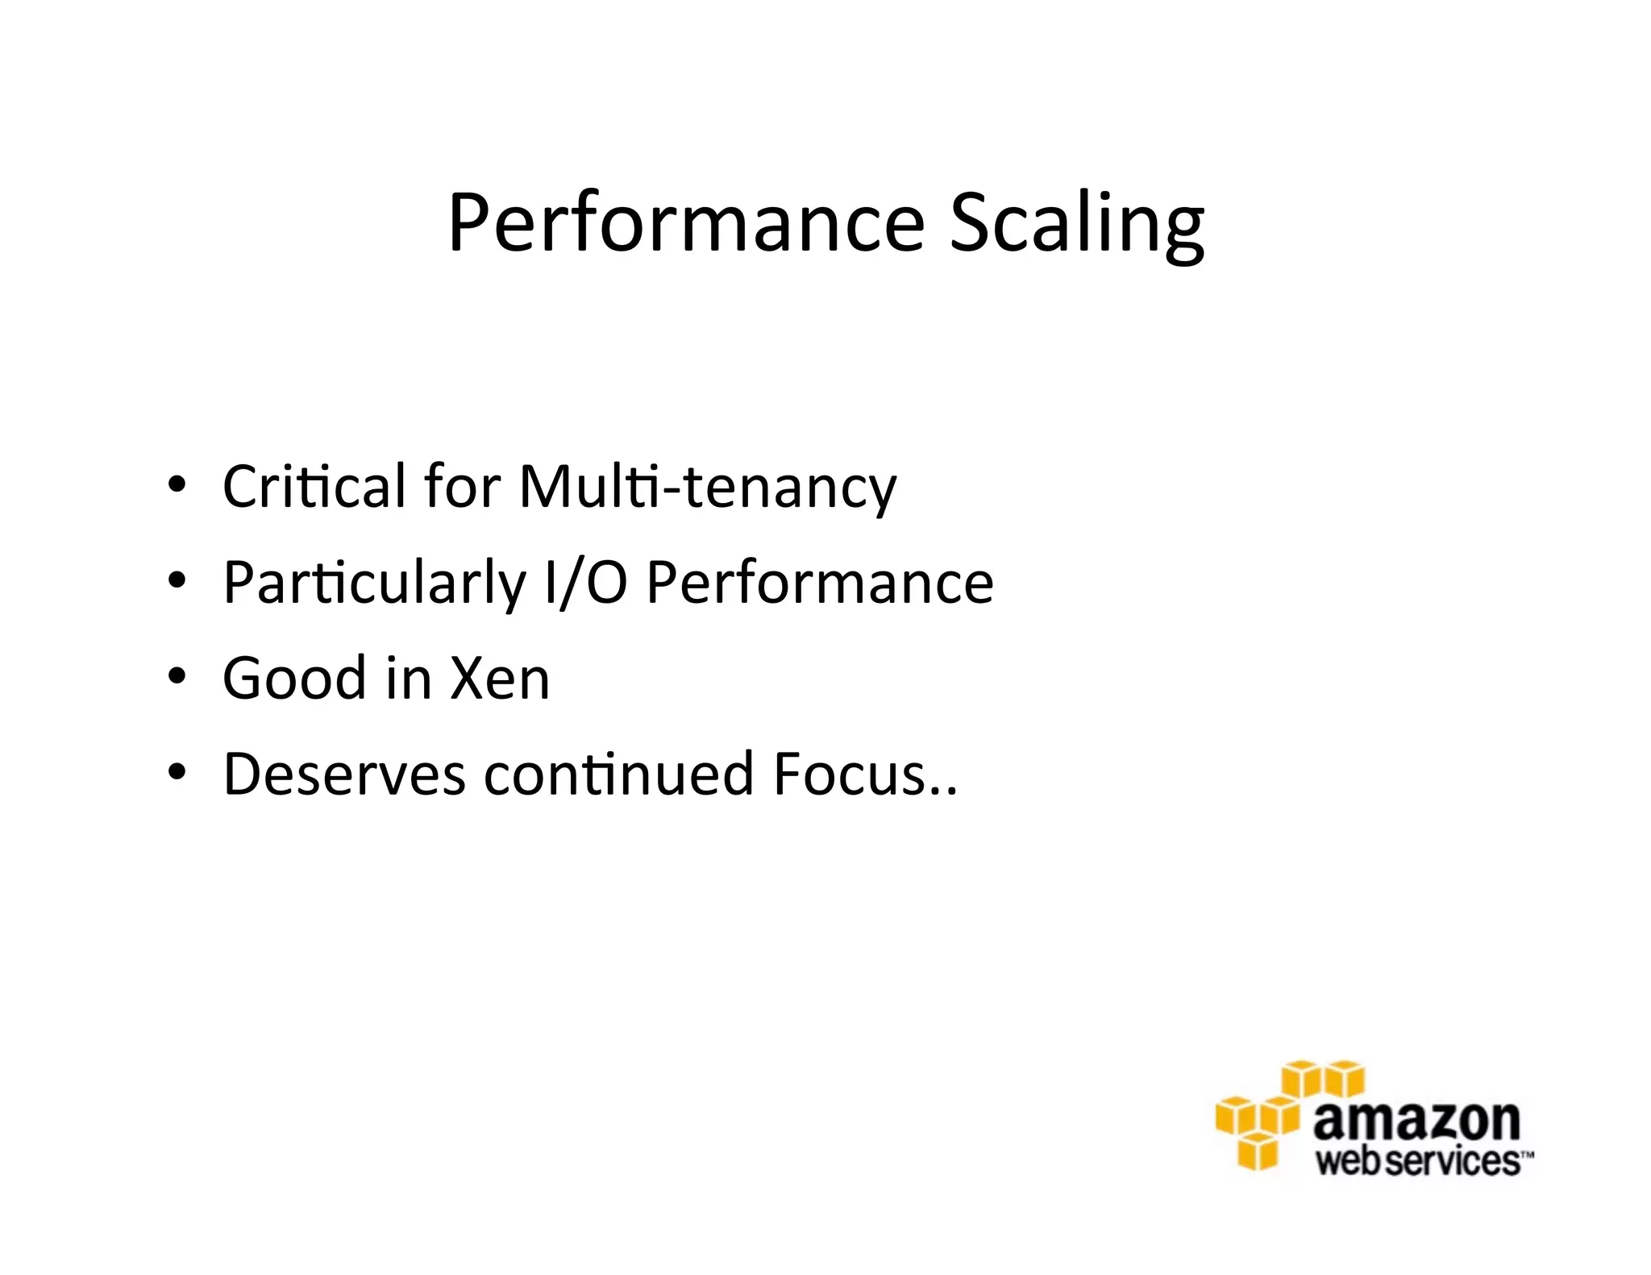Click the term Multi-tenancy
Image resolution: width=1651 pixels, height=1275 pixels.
(x=707, y=488)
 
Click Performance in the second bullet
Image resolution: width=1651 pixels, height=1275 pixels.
(x=820, y=583)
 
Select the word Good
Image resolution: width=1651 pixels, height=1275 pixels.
(x=294, y=678)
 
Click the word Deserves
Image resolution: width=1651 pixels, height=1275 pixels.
(x=344, y=774)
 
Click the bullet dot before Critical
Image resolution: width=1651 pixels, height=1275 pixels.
(x=177, y=485)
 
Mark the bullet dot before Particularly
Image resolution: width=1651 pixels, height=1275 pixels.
(x=177, y=580)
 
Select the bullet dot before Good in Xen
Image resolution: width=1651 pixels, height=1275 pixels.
(x=177, y=676)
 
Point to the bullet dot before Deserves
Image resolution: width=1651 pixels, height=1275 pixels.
(x=177, y=772)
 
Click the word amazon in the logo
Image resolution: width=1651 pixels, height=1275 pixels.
(x=1416, y=1120)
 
